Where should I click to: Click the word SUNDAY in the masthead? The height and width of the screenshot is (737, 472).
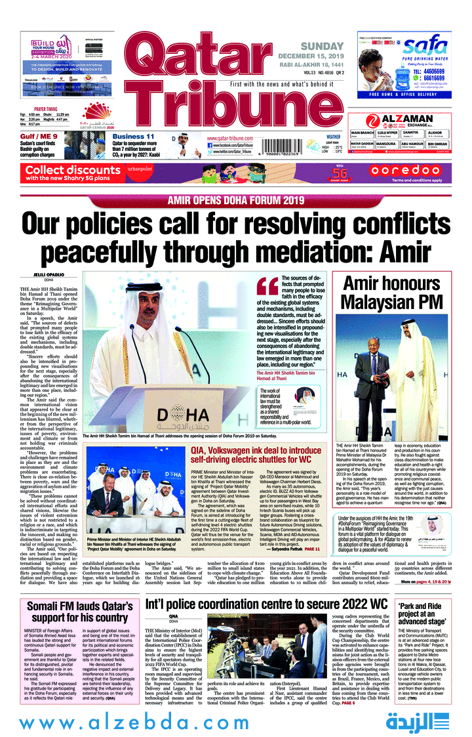pos(322,46)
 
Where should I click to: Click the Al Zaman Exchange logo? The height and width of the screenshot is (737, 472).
pos(400,121)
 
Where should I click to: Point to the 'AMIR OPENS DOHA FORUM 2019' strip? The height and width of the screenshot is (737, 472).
pos(236,200)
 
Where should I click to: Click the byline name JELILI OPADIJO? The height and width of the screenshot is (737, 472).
pos(43,275)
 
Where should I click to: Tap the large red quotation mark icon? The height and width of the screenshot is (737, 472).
pos(267,286)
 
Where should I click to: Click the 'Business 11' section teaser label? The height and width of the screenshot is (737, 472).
pos(133,137)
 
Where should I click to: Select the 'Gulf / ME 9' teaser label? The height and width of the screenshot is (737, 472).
pos(39,137)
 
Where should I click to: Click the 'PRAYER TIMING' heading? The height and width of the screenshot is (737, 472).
pos(46,109)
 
